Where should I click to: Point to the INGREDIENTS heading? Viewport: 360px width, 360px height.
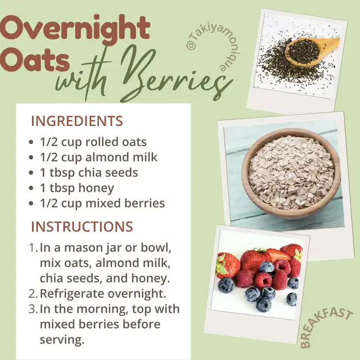[x=77, y=121]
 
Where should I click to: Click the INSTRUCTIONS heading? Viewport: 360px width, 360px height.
[x=82, y=226]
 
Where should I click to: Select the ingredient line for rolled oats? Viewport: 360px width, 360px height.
[x=93, y=142]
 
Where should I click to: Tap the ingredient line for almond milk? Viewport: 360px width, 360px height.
[x=99, y=157]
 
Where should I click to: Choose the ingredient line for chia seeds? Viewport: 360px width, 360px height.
[x=89, y=173]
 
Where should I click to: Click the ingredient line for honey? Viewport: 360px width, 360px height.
[x=77, y=188]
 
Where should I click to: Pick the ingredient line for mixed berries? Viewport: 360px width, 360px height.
[x=102, y=204]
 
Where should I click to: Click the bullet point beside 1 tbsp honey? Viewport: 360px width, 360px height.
[x=31, y=188]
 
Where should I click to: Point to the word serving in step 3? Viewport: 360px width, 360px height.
[x=62, y=340]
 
